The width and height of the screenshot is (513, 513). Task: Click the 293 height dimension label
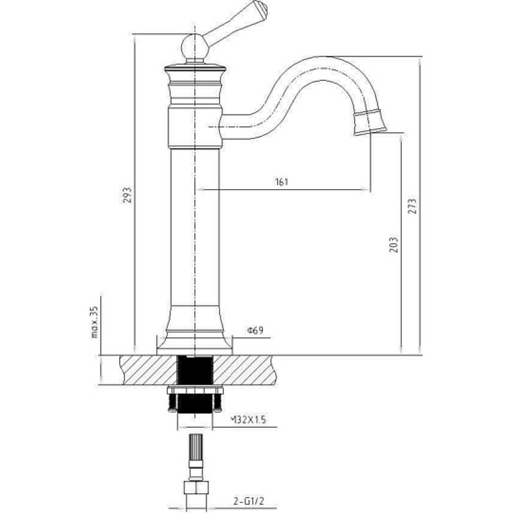(x=127, y=195)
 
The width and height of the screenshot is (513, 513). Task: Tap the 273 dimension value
(x=412, y=206)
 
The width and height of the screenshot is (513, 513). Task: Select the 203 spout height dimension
(x=394, y=245)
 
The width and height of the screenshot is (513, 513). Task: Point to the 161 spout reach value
(x=282, y=182)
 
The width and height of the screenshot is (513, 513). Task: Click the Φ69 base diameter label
(x=255, y=330)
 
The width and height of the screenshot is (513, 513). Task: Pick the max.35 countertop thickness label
(x=94, y=323)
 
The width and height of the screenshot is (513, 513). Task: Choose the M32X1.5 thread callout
(x=248, y=419)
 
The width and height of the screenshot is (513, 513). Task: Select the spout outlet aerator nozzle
(x=370, y=122)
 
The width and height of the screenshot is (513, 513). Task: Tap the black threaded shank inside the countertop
(x=195, y=371)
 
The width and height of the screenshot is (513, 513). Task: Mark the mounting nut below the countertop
(x=195, y=390)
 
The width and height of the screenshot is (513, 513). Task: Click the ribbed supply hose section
(x=196, y=447)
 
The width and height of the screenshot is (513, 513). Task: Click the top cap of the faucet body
(x=195, y=69)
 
